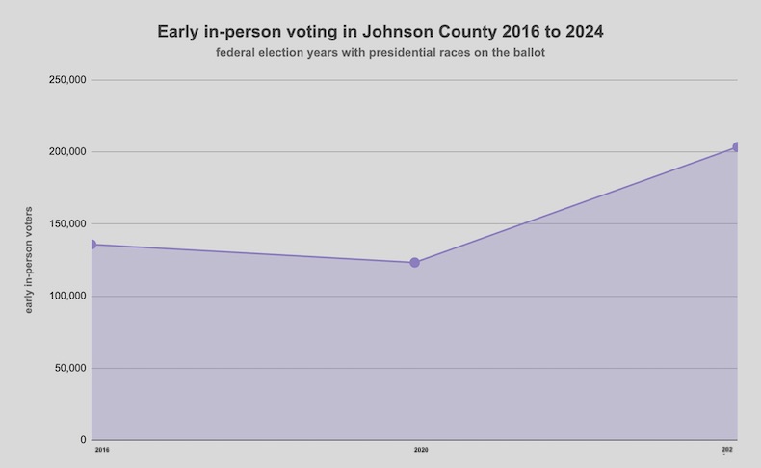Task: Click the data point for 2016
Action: pyautogui.click(x=92, y=245)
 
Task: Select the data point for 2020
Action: pyautogui.click(x=414, y=262)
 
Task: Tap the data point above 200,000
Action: pyautogui.click(x=737, y=147)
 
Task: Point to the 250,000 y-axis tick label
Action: pyautogui.click(x=67, y=80)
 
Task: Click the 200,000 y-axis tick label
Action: pyautogui.click(x=67, y=152)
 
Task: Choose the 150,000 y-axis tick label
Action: pyautogui.click(x=67, y=224)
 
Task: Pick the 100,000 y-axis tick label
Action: pyautogui.click(x=67, y=296)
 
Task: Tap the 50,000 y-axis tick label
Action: pyautogui.click(x=70, y=368)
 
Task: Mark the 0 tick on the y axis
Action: pyautogui.click(x=83, y=440)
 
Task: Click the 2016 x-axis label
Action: pyautogui.click(x=101, y=450)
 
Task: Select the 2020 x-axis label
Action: pyautogui.click(x=421, y=450)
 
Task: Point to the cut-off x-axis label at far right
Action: pyautogui.click(x=727, y=450)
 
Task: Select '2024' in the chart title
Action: pyautogui.click(x=584, y=32)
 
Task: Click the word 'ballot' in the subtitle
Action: pyautogui.click(x=527, y=53)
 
